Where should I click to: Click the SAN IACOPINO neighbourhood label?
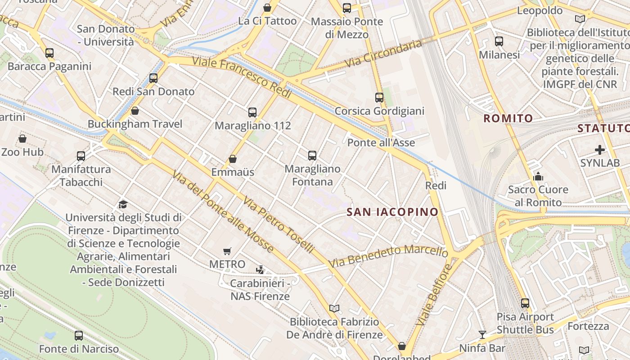(x=392, y=212)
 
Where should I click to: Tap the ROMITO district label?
(x=508, y=119)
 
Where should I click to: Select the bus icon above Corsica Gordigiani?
(x=379, y=98)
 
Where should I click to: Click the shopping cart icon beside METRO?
(x=227, y=251)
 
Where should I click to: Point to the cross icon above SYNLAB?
(x=599, y=149)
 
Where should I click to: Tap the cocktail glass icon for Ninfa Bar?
(x=482, y=334)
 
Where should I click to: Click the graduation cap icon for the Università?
(x=123, y=204)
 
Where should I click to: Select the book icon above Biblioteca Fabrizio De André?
(x=334, y=309)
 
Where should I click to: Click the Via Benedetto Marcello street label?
(x=389, y=256)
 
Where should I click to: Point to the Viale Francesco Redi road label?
(x=242, y=78)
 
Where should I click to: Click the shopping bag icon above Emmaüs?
(x=233, y=159)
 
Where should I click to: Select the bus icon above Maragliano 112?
(x=252, y=112)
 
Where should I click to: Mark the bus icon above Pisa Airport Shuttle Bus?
(x=525, y=303)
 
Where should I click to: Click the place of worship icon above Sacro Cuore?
(x=538, y=176)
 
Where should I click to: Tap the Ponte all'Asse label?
(x=381, y=143)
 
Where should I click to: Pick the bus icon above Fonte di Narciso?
(x=79, y=336)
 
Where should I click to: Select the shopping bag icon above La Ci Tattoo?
(x=267, y=8)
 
